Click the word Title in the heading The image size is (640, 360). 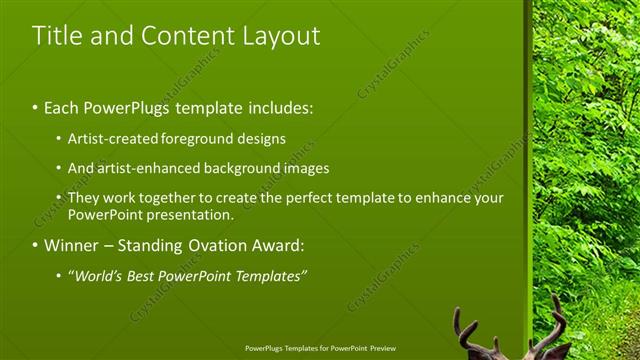click(55, 36)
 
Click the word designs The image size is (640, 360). click(263, 138)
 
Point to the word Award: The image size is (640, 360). click(281, 245)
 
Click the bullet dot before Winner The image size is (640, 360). click(36, 245)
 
